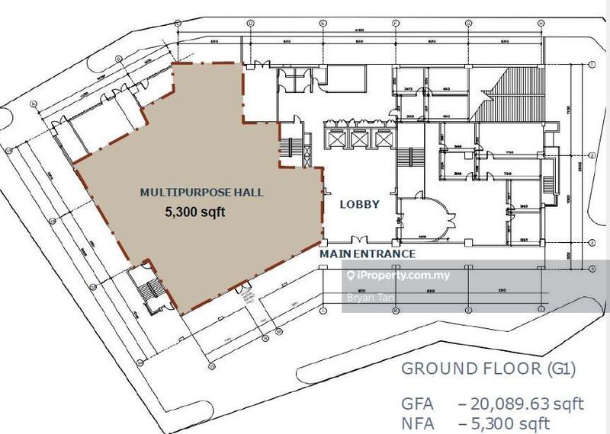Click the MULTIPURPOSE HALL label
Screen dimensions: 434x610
point(201,193)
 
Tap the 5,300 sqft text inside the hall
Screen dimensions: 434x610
point(196,214)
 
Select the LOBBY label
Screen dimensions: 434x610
point(359,205)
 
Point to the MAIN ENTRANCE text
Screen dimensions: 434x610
point(368,254)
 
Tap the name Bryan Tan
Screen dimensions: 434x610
point(365,298)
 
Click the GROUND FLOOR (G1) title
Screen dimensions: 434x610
point(488,369)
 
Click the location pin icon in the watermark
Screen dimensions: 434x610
point(352,276)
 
